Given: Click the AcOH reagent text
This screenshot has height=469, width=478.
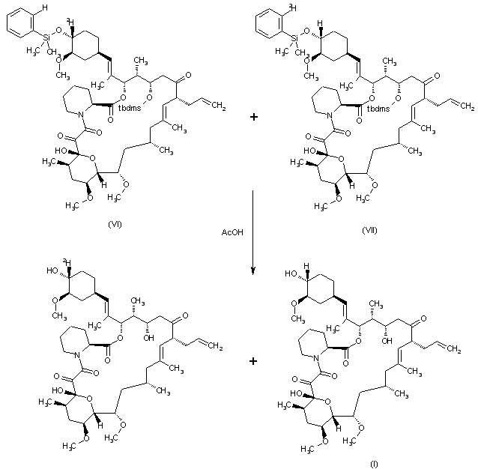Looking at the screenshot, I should click(x=231, y=232).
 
